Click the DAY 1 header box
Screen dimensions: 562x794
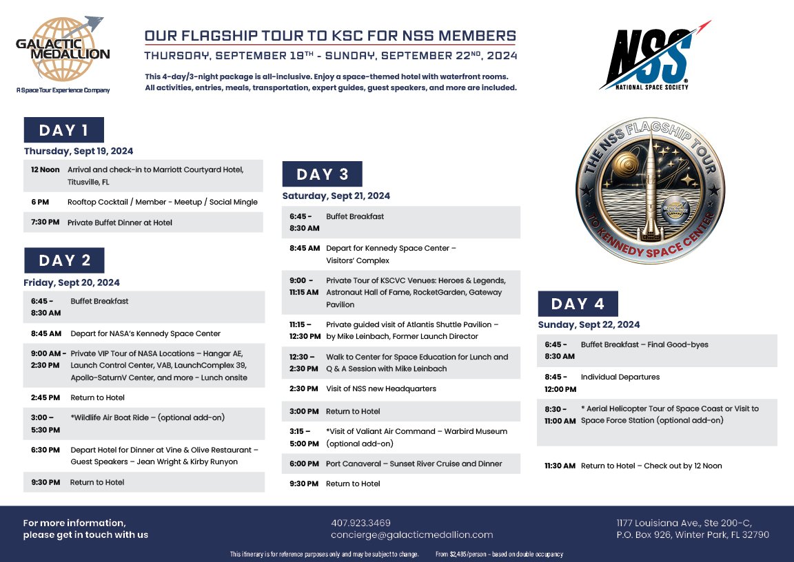point(63,130)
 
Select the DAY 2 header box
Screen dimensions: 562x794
point(64,260)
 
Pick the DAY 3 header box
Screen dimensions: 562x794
point(322,174)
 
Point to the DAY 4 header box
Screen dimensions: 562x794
point(578,304)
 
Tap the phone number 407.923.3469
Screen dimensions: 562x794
point(360,523)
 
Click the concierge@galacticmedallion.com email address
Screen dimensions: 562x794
point(411,535)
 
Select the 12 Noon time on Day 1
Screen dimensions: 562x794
point(45,169)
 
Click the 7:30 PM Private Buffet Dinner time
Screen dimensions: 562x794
point(45,222)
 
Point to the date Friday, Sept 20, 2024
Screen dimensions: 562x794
point(72,282)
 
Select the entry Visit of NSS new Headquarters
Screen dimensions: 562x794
point(380,388)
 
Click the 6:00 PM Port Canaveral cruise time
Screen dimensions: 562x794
point(304,464)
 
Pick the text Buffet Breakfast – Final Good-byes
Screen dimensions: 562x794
point(644,344)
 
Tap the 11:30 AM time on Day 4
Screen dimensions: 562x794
point(560,466)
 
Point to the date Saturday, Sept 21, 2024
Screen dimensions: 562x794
point(336,196)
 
